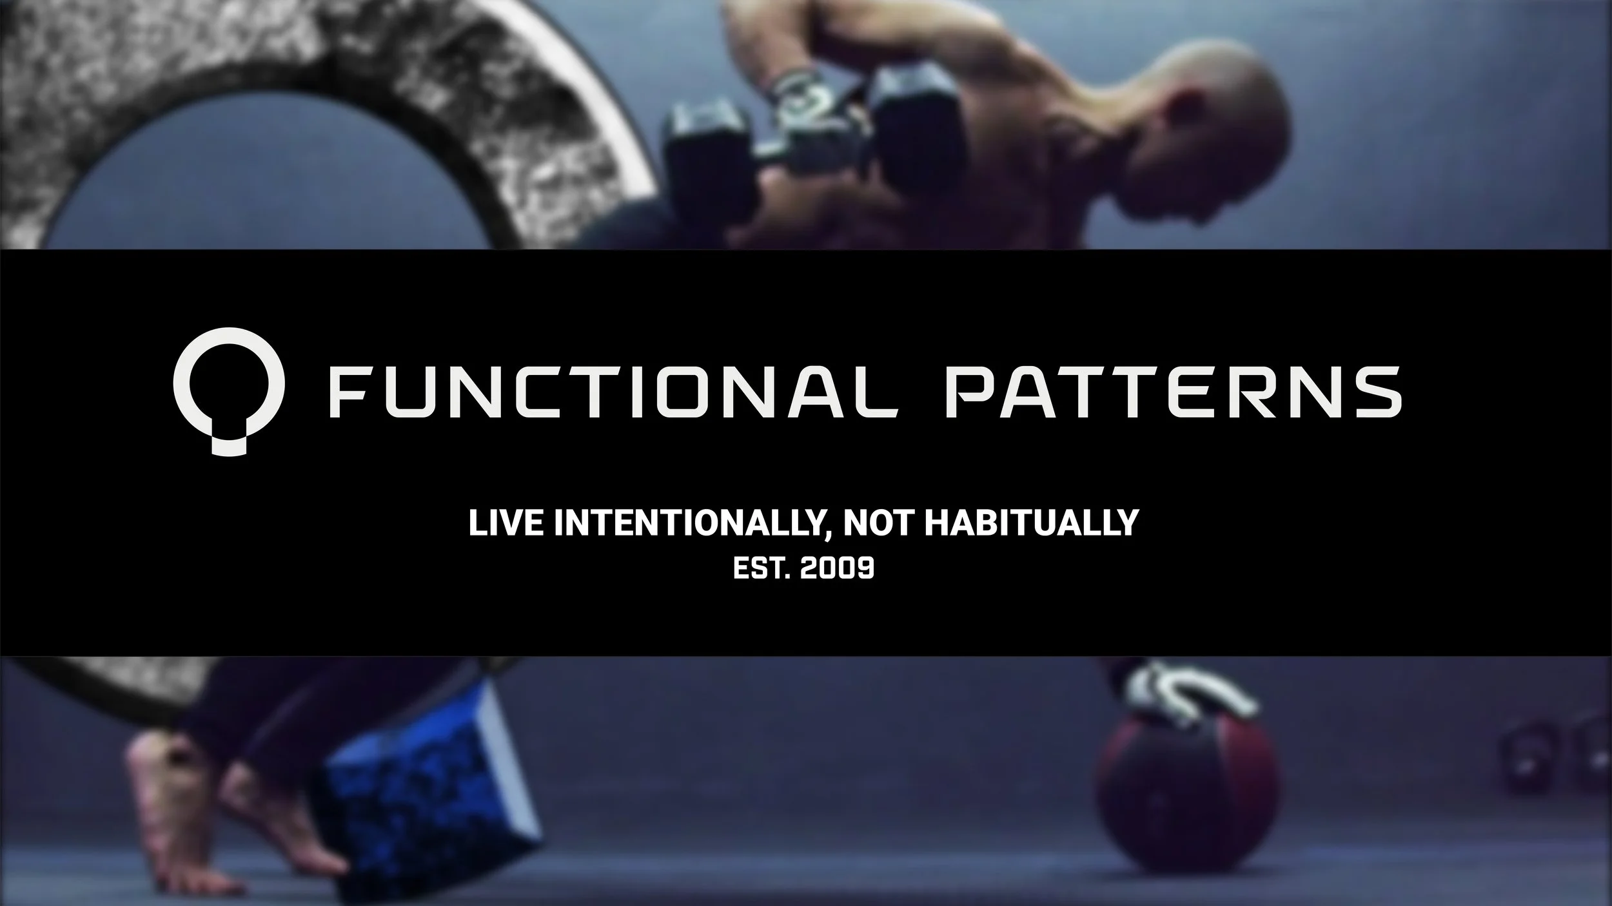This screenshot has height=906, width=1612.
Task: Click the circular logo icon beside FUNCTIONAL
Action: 228,390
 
